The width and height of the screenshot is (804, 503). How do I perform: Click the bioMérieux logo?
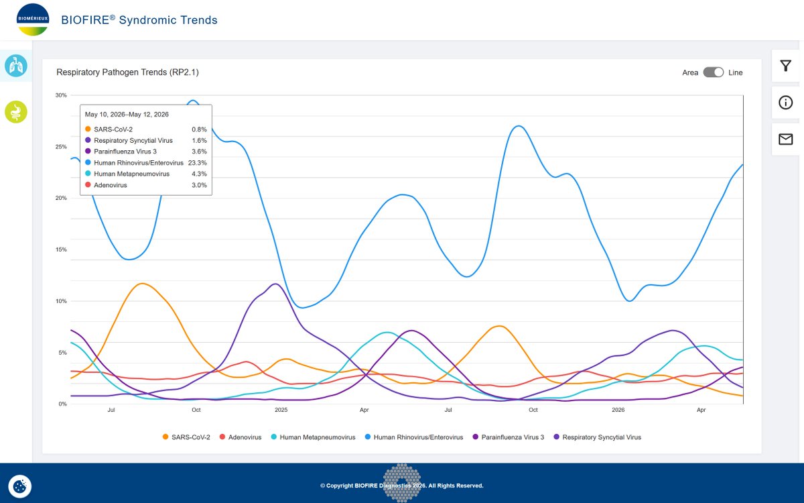tap(33, 19)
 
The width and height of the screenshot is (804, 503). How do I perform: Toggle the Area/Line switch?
tap(713, 72)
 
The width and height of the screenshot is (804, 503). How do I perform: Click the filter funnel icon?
tap(785, 66)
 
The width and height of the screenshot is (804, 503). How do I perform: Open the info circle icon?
tap(785, 103)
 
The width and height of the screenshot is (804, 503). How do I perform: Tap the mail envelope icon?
tap(785, 139)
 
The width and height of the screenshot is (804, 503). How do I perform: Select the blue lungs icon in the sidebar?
tap(16, 66)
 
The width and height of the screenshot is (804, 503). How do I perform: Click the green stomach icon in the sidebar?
tap(16, 112)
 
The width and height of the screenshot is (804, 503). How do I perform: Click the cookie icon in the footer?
tap(19, 486)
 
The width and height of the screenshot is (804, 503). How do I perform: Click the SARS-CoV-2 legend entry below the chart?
tap(186, 437)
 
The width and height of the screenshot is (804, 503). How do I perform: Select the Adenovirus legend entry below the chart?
tap(241, 437)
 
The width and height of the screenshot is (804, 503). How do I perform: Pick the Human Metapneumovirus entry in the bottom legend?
tap(313, 437)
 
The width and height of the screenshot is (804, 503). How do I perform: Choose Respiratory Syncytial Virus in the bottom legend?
tap(597, 437)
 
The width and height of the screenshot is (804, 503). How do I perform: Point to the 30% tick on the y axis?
tap(61, 95)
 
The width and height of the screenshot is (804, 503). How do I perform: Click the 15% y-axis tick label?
tap(61, 249)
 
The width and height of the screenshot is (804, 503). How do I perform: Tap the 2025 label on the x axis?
tap(281, 410)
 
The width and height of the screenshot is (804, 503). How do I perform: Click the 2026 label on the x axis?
tap(618, 410)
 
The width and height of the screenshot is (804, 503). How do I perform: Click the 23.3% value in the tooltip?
tap(198, 163)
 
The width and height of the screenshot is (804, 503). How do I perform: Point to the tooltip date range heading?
tap(127, 114)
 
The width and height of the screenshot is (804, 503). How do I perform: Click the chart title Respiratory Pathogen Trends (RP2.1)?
tap(127, 72)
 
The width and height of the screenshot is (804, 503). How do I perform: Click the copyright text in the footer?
tap(401, 486)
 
